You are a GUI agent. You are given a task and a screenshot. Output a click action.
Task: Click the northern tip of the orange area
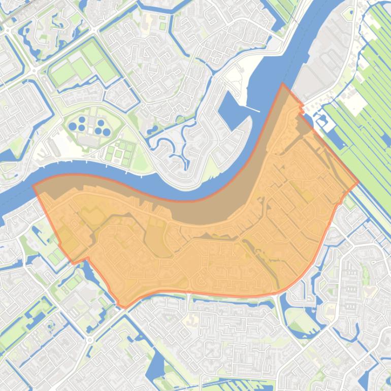point(283,84)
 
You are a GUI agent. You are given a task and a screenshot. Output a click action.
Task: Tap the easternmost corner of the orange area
point(359,182)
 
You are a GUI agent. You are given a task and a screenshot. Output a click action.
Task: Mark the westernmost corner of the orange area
point(34,185)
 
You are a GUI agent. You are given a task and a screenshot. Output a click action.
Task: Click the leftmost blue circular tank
point(73,126)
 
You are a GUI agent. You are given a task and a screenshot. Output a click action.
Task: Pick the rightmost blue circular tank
point(107,132)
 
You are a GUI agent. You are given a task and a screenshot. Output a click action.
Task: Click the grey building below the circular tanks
point(89,140)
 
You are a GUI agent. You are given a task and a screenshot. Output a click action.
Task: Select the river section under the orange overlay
point(203,208)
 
